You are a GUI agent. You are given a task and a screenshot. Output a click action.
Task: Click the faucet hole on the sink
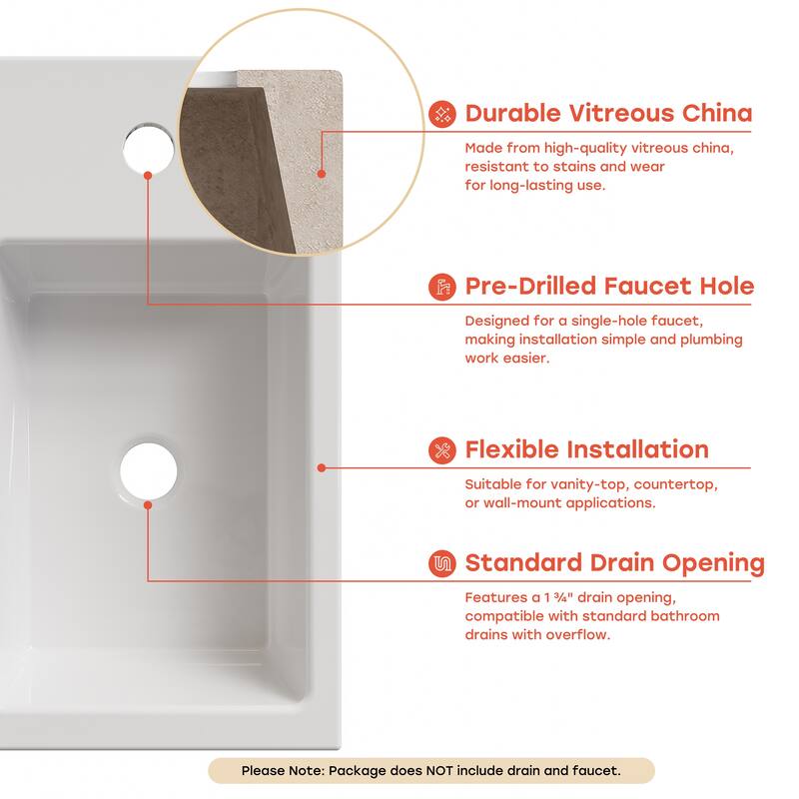[149, 144]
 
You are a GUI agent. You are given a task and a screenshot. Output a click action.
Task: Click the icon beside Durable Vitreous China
[441, 113]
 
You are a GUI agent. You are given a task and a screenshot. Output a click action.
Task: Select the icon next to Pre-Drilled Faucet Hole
[441, 287]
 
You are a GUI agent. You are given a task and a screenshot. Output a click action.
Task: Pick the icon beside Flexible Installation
[441, 449]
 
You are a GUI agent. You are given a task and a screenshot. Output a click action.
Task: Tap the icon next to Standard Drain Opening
[441, 563]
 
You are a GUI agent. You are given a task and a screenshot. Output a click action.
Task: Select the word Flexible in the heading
[514, 449]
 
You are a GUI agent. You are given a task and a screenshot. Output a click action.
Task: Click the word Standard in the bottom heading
[528, 563]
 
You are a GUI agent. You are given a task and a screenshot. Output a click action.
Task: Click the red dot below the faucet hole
[149, 175]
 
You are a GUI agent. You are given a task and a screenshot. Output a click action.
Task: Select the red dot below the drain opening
[149, 505]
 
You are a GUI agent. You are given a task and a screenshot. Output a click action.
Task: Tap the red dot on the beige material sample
[322, 172]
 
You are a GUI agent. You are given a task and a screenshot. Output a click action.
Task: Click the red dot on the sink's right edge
[322, 466]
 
